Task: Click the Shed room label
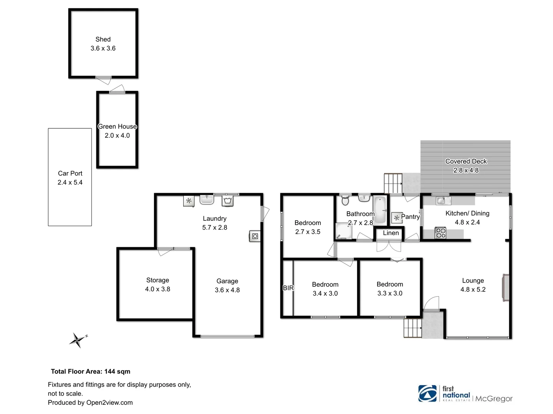tap(103, 39)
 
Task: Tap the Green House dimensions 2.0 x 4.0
tap(117, 135)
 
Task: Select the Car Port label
tap(70, 173)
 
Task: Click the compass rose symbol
tap(78, 340)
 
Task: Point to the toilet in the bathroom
tap(345, 200)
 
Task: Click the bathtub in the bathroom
tap(380, 210)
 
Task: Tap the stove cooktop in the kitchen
tap(440, 233)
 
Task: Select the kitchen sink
tap(441, 200)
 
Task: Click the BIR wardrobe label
tap(288, 288)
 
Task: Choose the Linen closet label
tap(391, 233)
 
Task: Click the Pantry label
tap(410, 217)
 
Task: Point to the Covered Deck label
tap(466, 161)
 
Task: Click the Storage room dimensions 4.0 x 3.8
tap(157, 289)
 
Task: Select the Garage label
tap(227, 281)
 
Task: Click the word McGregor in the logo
tap(494, 399)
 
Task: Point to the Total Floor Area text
tap(91, 371)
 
